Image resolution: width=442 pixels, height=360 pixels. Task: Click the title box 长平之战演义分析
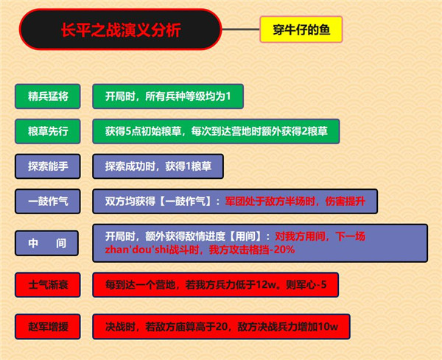coord(120,31)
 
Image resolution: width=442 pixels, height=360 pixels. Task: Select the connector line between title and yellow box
coord(241,31)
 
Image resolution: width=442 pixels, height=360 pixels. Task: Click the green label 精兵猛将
coord(47,96)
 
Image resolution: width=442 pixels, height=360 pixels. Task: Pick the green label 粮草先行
coord(47,131)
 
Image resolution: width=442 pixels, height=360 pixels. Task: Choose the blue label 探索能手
coord(47,166)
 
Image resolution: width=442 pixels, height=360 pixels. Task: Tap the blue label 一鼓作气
coord(47,201)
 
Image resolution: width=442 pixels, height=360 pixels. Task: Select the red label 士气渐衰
coord(47,284)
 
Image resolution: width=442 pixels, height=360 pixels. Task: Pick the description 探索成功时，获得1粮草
coord(158,166)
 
